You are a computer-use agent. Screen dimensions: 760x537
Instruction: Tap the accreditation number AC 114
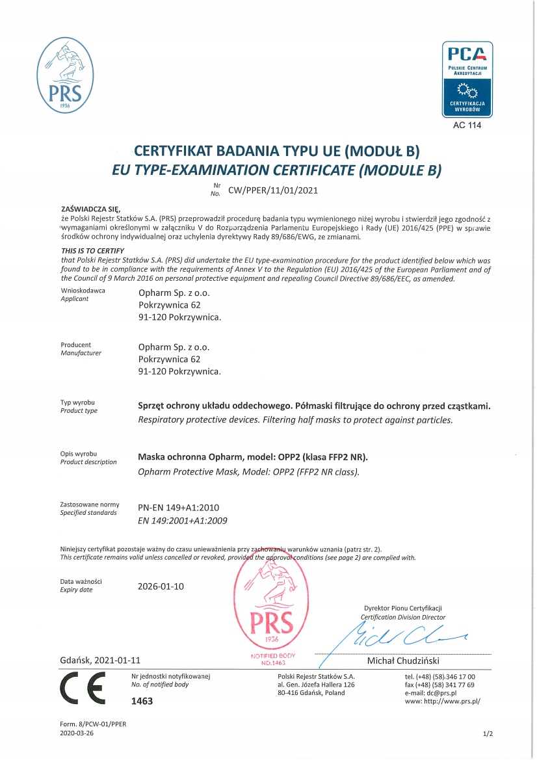pyautogui.click(x=467, y=125)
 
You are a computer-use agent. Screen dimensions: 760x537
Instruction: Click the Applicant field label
pyautogui.click(x=74, y=299)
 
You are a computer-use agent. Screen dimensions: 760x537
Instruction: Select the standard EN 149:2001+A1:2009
pyautogui.click(x=183, y=520)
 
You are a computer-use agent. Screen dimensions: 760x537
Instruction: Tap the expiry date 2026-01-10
pyautogui.click(x=161, y=586)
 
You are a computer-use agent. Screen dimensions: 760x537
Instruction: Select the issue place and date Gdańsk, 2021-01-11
pyautogui.click(x=100, y=660)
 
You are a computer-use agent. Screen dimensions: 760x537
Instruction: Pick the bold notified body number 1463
pyautogui.click(x=142, y=702)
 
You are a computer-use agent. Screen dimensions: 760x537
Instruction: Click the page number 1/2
pyautogui.click(x=488, y=734)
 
